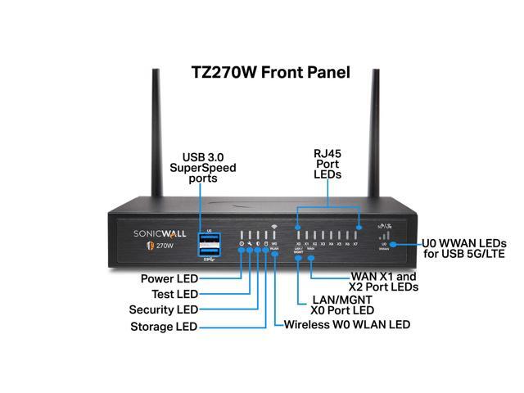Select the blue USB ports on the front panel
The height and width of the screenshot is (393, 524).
[x=210, y=246]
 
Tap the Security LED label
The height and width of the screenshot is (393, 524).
[x=164, y=310]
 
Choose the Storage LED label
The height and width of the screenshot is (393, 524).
[x=165, y=327]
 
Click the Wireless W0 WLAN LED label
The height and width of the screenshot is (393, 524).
[x=346, y=325]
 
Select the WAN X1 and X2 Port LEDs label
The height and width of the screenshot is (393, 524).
[x=384, y=282]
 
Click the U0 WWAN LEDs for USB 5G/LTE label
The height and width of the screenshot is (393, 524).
[x=463, y=249]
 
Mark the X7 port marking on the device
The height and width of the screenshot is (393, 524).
[x=359, y=244]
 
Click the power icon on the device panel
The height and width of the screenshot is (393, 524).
[x=242, y=244]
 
